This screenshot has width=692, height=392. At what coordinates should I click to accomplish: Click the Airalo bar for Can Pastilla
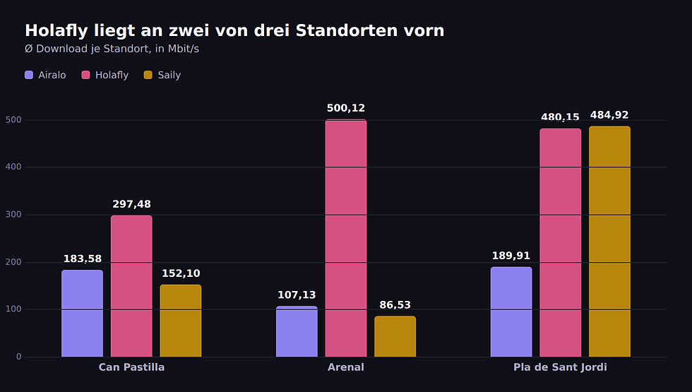[x=82, y=314]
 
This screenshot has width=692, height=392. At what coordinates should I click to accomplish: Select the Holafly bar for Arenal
[x=346, y=238]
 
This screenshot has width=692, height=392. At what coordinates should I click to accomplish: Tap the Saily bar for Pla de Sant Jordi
[x=609, y=242]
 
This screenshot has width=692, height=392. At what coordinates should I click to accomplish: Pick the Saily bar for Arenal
[x=395, y=336]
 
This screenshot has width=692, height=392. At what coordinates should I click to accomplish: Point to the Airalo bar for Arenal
[x=297, y=331]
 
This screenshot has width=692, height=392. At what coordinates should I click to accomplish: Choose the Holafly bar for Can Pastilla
[x=131, y=286]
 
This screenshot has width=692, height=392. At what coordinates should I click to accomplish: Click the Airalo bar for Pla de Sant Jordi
[x=511, y=311]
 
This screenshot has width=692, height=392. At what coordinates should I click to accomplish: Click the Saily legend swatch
[x=148, y=75]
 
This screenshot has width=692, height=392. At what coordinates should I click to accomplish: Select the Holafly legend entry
[x=105, y=75]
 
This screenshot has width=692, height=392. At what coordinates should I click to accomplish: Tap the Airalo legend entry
[x=45, y=75]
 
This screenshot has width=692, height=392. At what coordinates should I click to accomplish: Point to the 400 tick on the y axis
[x=13, y=167]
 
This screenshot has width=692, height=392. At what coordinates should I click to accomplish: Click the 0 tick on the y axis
[x=18, y=357]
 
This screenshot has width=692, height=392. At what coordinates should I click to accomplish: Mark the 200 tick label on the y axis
[x=13, y=262]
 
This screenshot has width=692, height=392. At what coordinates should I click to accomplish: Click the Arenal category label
[x=346, y=367]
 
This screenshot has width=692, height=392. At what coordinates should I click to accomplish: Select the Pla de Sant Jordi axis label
[x=560, y=367]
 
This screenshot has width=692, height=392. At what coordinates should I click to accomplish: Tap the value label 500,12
[x=346, y=108]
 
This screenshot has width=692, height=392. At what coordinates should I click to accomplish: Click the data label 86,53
[x=395, y=305]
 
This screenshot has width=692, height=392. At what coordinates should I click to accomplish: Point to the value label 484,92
[x=609, y=115]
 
